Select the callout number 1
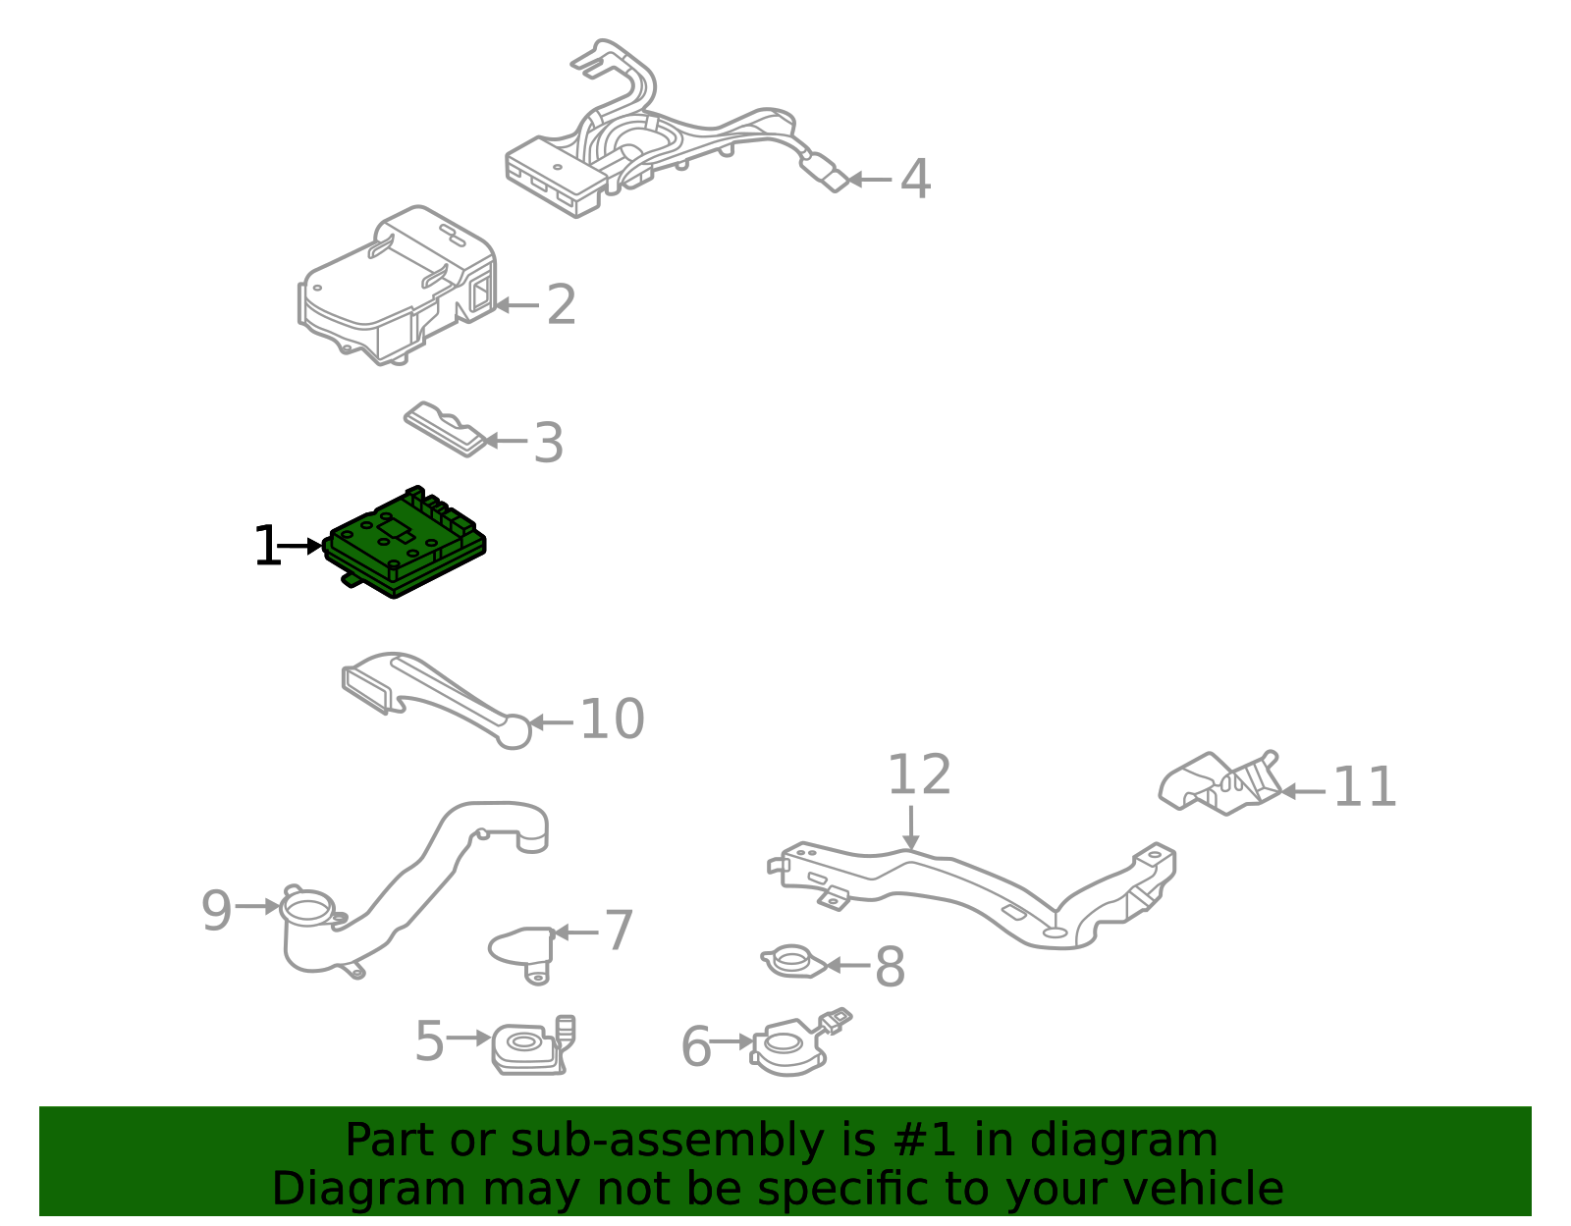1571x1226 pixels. [266, 547]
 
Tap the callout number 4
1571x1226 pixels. [915, 180]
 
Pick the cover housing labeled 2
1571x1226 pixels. [398, 285]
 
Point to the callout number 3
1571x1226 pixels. [548, 443]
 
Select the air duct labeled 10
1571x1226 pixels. [432, 692]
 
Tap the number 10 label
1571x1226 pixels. [612, 720]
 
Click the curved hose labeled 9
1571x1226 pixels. [412, 883]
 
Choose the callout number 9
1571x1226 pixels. [216, 910]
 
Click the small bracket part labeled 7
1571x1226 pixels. [523, 949]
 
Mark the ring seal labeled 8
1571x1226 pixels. [791, 961]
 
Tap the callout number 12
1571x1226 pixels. [919, 775]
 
